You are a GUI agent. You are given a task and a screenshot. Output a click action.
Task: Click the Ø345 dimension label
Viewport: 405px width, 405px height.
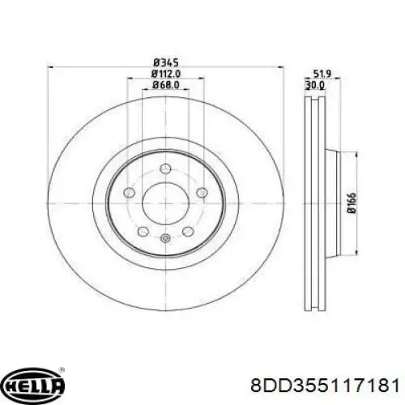[166, 63]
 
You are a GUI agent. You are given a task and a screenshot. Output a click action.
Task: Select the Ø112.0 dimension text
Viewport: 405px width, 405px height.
[166, 74]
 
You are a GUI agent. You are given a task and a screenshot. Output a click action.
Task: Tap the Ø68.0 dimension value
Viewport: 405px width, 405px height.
[166, 85]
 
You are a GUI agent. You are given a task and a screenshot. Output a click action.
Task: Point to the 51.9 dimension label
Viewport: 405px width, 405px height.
[322, 74]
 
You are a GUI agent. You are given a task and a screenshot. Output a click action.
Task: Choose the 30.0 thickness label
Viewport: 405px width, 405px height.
[315, 85]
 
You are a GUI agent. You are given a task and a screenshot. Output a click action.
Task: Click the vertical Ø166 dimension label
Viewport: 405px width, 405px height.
[352, 203]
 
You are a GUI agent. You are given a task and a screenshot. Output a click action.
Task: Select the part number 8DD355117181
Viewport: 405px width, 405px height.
[325, 385]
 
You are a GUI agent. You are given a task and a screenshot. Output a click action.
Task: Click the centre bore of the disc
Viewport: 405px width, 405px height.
[166, 203]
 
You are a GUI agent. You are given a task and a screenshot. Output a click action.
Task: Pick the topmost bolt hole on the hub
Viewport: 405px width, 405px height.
[166, 169]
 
